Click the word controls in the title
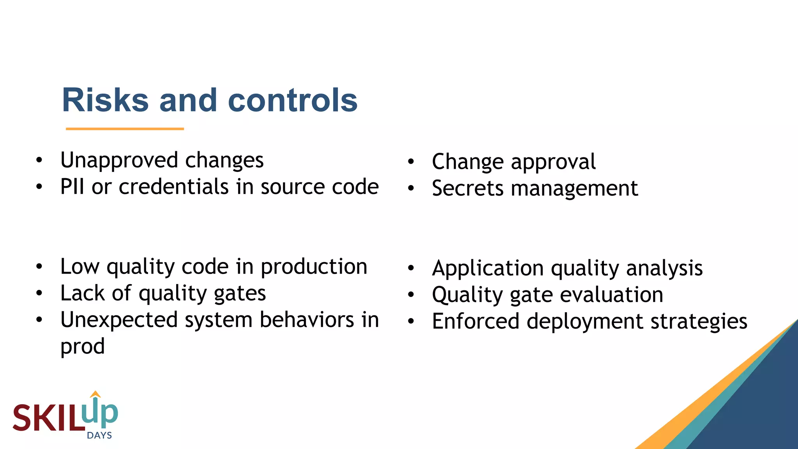tap(292, 100)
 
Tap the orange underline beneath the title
tap(125, 129)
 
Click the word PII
tap(72, 187)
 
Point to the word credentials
tap(173, 187)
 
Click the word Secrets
tap(468, 189)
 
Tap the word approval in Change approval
tap(553, 162)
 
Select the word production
tap(314, 267)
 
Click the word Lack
tap(83, 293)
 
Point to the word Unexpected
tap(119, 320)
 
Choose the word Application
tap(488, 269)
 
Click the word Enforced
tap(476, 322)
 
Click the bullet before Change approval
tap(411, 162)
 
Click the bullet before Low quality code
tap(39, 267)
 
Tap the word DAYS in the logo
tap(99, 435)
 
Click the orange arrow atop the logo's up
tap(95, 394)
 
